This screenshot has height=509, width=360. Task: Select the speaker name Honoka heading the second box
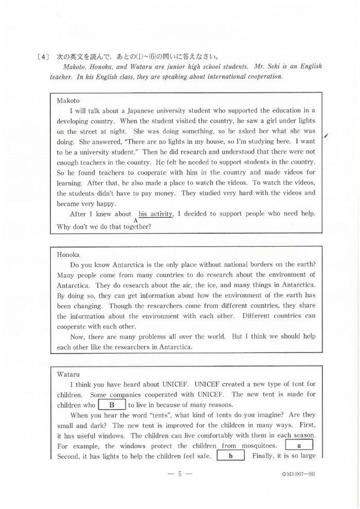tap(69, 254)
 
